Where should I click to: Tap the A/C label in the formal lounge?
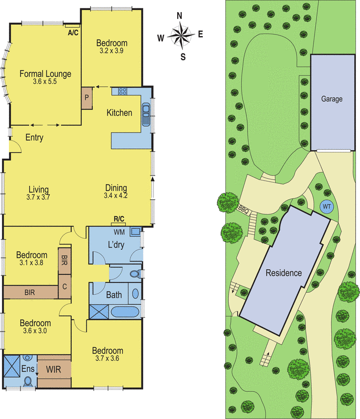(73, 33)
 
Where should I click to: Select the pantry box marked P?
(86, 98)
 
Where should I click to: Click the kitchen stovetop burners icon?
(123, 91)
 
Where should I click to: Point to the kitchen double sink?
(146, 115)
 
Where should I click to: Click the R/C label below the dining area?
(119, 219)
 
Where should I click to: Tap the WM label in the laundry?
(119, 232)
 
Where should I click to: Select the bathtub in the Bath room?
(125, 312)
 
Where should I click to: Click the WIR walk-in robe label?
(53, 370)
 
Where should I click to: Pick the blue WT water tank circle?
(326, 206)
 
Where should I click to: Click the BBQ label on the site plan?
(243, 210)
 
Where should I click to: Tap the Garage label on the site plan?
(332, 99)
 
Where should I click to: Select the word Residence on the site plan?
(283, 273)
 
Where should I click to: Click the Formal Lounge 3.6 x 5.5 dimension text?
(45, 82)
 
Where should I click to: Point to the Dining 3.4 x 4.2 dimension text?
(116, 195)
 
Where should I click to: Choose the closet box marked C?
(64, 286)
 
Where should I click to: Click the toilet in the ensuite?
(28, 381)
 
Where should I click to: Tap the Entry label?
(34, 137)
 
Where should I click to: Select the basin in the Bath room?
(136, 294)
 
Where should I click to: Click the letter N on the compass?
(180, 16)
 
